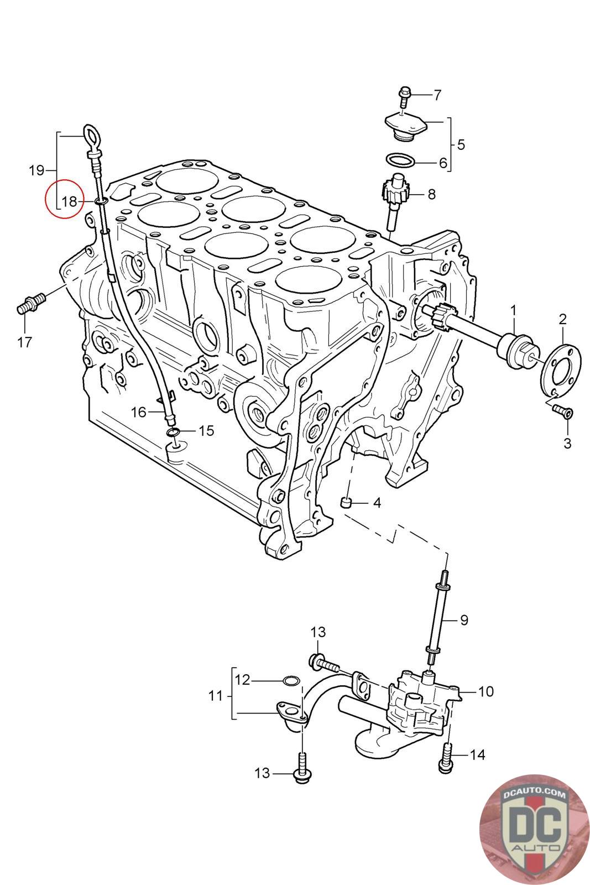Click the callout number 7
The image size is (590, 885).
(437, 95)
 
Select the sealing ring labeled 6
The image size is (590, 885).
(400, 160)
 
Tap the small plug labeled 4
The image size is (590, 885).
(347, 502)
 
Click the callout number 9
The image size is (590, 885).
(463, 619)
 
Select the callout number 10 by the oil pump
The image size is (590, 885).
(486, 691)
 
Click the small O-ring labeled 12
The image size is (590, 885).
(291, 680)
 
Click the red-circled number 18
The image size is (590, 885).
(69, 201)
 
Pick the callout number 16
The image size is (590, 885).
(138, 412)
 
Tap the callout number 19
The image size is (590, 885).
(36, 170)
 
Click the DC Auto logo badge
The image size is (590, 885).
(533, 830)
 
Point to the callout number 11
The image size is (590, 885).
(216, 696)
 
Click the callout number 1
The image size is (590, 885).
(513, 310)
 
